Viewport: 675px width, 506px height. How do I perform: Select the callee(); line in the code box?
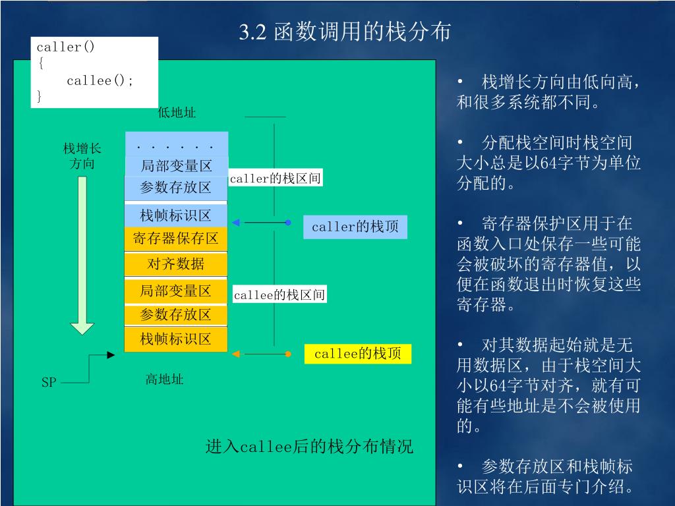pyautogui.click(x=100, y=81)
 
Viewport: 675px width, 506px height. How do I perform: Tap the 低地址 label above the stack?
pyautogui.click(x=177, y=113)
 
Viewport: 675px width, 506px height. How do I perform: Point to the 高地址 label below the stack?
pyautogui.click(x=164, y=379)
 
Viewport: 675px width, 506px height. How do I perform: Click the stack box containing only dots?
pyautogui.click(x=176, y=144)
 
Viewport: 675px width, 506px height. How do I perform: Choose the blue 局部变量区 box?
pyautogui.click(x=176, y=166)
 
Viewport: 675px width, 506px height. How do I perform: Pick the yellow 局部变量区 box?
pyautogui.click(x=175, y=291)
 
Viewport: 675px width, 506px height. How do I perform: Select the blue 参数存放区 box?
pyautogui.click(x=176, y=188)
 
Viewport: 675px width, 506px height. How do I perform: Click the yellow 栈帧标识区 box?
pyautogui.click(x=175, y=339)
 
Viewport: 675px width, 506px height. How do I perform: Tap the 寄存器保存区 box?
pyautogui.click(x=175, y=239)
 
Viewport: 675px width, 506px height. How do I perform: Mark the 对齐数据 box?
pyautogui.click(x=175, y=264)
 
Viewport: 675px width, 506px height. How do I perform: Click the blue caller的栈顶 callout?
pyautogui.click(x=355, y=227)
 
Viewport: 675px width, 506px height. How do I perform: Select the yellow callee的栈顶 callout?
pyautogui.click(x=358, y=354)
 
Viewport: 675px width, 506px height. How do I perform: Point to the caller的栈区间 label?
pyautogui.click(x=276, y=179)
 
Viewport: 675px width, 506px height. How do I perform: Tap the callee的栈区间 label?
pyautogui.click(x=279, y=295)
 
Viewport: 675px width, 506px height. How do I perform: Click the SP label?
pyautogui.click(x=49, y=382)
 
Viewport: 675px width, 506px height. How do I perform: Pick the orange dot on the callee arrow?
pyautogui.click(x=288, y=354)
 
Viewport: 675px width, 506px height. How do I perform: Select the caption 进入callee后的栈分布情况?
pyautogui.click(x=309, y=447)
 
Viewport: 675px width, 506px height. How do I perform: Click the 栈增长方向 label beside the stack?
pyautogui.click(x=82, y=155)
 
